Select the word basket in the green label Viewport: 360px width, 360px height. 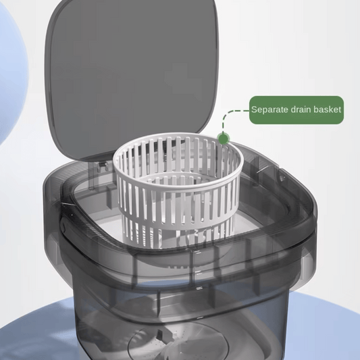click(328, 109)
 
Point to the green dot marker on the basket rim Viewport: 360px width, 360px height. click(223, 138)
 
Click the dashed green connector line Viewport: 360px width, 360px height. click(233, 112)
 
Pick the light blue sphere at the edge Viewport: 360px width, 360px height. click(10, 74)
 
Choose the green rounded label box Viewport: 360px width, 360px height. click(297, 109)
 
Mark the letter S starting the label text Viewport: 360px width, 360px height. click(254, 109)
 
